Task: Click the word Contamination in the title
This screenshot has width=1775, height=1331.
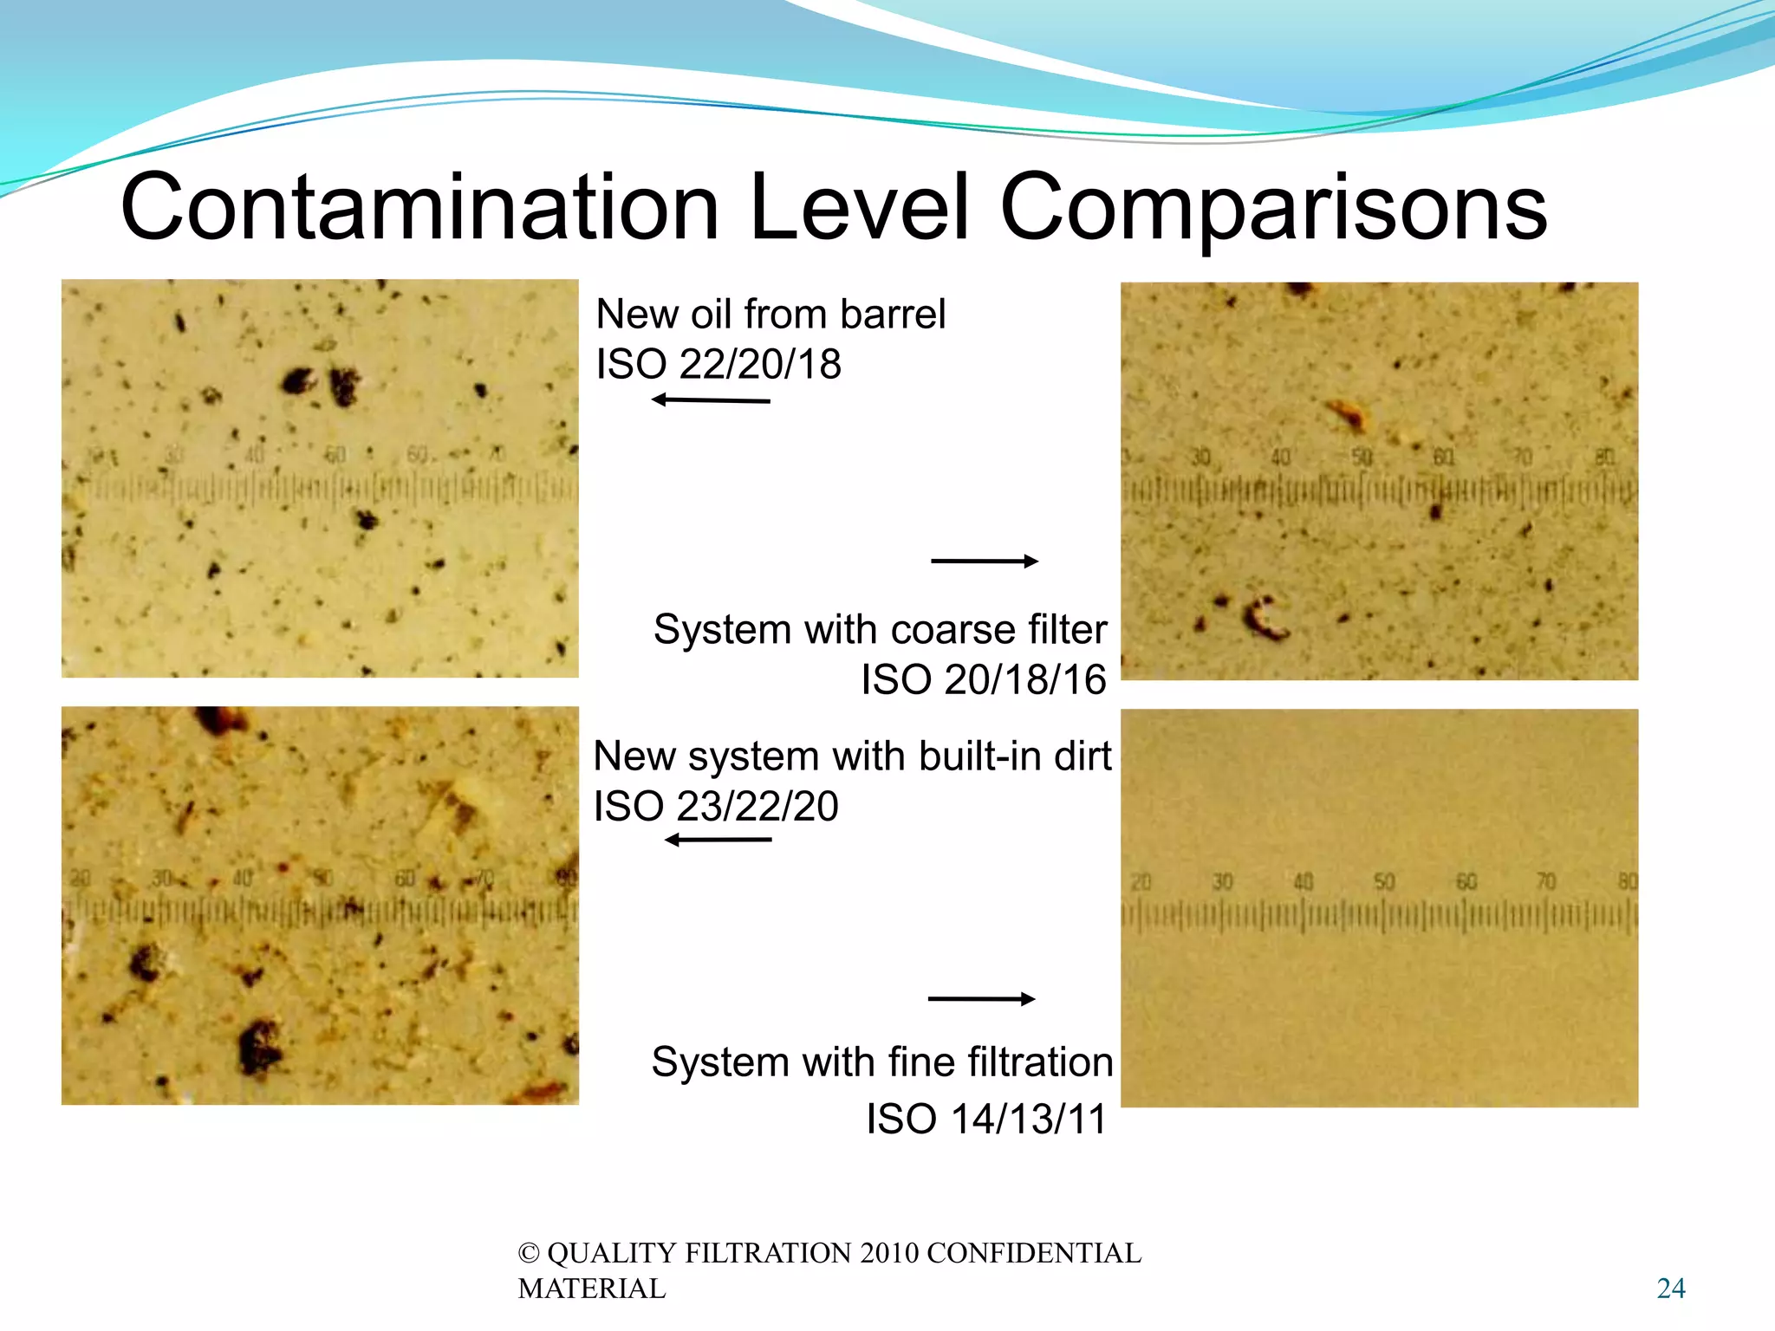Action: tap(419, 208)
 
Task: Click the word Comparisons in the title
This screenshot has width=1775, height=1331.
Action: tap(1273, 208)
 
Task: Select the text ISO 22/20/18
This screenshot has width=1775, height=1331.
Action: tap(718, 364)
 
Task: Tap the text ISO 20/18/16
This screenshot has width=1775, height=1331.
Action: tap(983, 679)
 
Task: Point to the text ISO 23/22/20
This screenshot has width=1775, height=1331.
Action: tap(716, 807)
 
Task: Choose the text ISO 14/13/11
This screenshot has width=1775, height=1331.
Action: tap(986, 1119)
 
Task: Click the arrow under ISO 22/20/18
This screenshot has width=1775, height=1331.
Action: tap(711, 400)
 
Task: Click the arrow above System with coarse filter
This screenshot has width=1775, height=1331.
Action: tap(985, 562)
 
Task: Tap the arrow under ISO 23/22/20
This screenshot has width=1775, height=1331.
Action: tap(718, 840)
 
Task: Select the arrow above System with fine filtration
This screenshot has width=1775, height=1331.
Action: tap(981, 999)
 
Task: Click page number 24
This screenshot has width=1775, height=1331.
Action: tap(1671, 1289)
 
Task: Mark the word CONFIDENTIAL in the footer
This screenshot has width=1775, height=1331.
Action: tap(1033, 1253)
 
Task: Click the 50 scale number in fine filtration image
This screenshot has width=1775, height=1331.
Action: tap(1384, 882)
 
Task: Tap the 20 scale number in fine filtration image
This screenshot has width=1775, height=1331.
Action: tap(1141, 882)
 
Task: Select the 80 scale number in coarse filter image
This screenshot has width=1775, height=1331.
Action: tap(1604, 457)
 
